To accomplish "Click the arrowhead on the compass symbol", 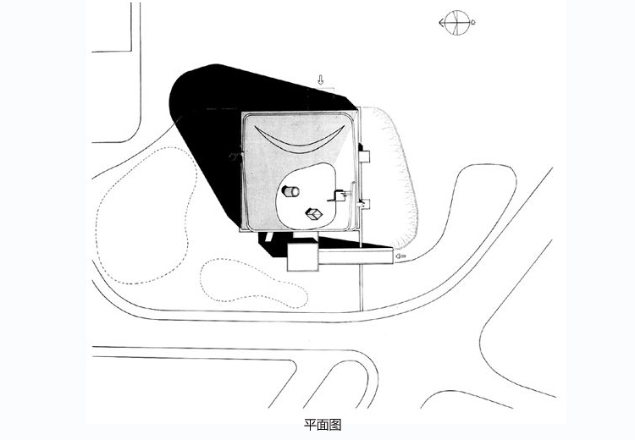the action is pyautogui.click(x=440, y=23).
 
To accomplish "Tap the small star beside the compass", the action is pyautogui.click(x=473, y=23).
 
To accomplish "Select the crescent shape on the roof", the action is pyautogui.click(x=300, y=140).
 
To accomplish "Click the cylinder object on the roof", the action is pyautogui.click(x=290, y=191).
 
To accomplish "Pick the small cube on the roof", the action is pyautogui.click(x=314, y=214).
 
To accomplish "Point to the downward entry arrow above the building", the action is pyautogui.click(x=320, y=80).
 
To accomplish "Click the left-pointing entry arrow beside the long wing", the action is pyautogui.click(x=401, y=256).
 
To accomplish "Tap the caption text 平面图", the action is pyautogui.click(x=323, y=425).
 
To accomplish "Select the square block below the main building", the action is pyautogui.click(x=302, y=257).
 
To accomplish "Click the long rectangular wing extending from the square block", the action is pyautogui.click(x=356, y=256).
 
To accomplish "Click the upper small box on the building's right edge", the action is pyautogui.click(x=364, y=157).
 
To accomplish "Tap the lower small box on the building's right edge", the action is pyautogui.click(x=364, y=204).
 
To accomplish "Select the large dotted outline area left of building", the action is pyautogui.click(x=146, y=215).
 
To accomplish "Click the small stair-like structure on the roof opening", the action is pyautogui.click(x=340, y=195).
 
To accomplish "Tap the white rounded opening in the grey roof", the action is pyautogui.click(x=306, y=197).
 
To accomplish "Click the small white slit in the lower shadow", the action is pyautogui.click(x=268, y=236).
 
